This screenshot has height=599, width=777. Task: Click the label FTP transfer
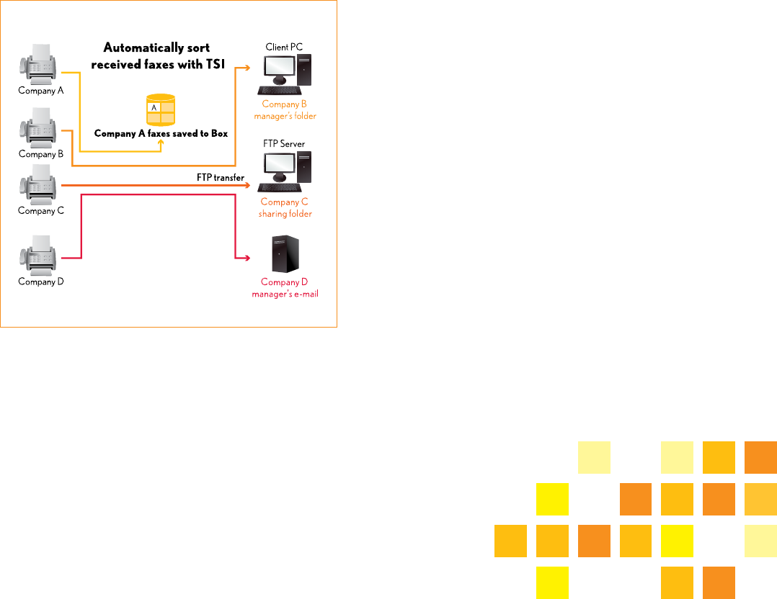pos(221,177)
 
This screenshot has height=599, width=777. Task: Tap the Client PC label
pos(284,47)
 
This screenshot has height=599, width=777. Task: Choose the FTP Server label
pos(284,144)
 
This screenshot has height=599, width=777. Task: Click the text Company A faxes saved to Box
pos(161,134)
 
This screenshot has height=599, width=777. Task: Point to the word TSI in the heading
pos(216,63)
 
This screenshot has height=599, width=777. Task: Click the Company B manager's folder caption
pos(284,110)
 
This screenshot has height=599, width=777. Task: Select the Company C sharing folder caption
pos(284,207)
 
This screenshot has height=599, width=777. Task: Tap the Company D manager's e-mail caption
pos(284,288)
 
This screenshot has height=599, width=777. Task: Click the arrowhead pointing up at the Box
pos(161,142)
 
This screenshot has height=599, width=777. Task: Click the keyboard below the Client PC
pos(280,90)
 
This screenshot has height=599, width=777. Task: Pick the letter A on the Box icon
pos(153,107)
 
